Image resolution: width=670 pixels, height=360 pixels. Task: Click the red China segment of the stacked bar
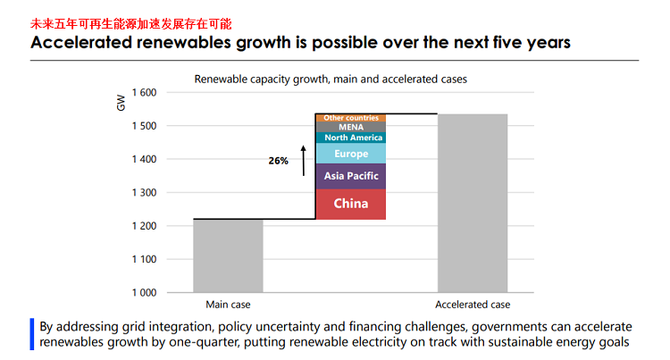coord(350,204)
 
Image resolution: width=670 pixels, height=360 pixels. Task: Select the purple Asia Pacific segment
coord(350,176)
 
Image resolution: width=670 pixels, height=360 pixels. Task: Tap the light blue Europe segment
coord(350,154)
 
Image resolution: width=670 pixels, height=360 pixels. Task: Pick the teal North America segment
coord(350,138)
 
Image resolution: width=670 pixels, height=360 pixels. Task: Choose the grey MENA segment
coord(350,127)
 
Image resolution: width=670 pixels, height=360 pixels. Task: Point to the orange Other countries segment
coord(350,118)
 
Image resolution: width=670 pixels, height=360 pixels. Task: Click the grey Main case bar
coord(228,255)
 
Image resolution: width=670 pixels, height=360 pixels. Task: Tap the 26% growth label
coord(278,162)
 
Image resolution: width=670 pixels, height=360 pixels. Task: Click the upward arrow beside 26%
coord(303,160)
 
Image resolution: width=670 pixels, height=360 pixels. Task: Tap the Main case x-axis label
coord(228,305)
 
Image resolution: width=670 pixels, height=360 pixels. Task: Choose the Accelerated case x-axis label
coord(473,305)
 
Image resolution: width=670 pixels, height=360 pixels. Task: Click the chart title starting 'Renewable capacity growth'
coord(331,79)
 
